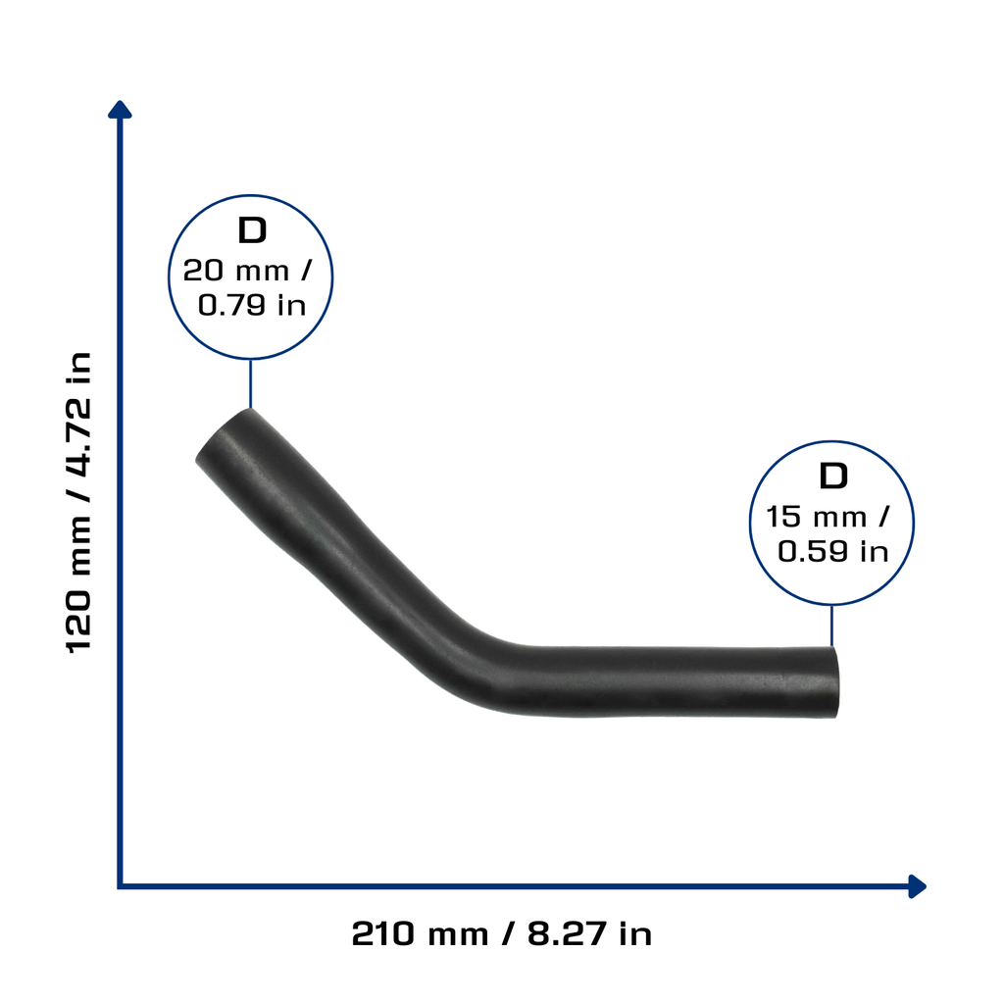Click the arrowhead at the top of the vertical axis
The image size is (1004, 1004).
pyautogui.click(x=120, y=109)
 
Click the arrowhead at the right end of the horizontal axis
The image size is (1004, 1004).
pyautogui.click(x=918, y=886)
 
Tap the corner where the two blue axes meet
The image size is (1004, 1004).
pyautogui.click(x=121, y=886)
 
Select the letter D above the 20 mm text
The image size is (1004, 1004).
pyautogui.click(x=252, y=230)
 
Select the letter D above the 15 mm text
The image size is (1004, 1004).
pyautogui.click(x=833, y=477)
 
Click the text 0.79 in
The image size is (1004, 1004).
pyautogui.click(x=252, y=305)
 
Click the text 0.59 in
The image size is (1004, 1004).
pyautogui.click(x=833, y=551)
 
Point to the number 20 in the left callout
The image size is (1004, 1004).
pyautogui.click(x=203, y=271)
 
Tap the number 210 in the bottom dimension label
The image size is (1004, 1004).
pyautogui.click(x=383, y=933)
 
